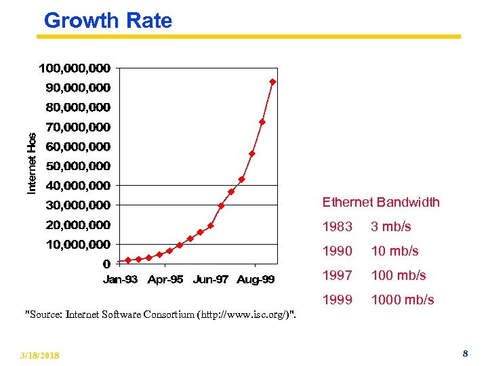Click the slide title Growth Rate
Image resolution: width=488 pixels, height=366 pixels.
tap(108, 20)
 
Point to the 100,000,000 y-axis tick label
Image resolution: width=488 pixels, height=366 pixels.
tap(75, 68)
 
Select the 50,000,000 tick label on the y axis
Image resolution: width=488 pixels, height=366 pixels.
tap(78, 166)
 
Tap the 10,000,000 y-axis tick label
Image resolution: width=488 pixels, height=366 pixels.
tap(78, 244)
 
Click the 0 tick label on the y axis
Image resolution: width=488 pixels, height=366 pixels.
tap(106, 264)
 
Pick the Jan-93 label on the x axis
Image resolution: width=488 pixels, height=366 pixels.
tap(120, 279)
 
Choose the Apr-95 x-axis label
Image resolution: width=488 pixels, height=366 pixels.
tap(165, 279)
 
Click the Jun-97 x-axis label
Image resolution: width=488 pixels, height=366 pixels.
tap(210, 279)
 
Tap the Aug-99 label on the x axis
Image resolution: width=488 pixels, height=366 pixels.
tap(256, 279)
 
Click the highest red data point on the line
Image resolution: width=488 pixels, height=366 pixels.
tap(272, 82)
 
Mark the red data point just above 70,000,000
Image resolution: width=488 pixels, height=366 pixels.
tap(262, 122)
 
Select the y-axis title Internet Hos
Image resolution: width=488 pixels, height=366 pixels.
tap(32, 163)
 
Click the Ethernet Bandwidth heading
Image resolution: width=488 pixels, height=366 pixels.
tap(381, 202)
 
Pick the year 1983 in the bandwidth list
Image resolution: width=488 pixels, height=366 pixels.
tap(338, 226)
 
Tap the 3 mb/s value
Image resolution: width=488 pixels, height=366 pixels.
tap(391, 226)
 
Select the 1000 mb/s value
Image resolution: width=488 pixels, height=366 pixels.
tap(403, 300)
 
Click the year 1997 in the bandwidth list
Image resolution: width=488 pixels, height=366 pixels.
tap(338, 275)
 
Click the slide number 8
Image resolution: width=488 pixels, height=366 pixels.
tap(465, 354)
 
